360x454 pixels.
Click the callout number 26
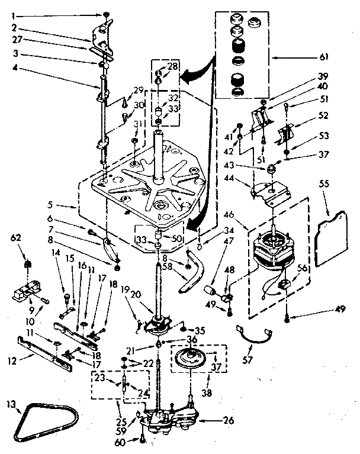(228, 421)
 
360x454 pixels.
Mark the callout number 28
(172, 67)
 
